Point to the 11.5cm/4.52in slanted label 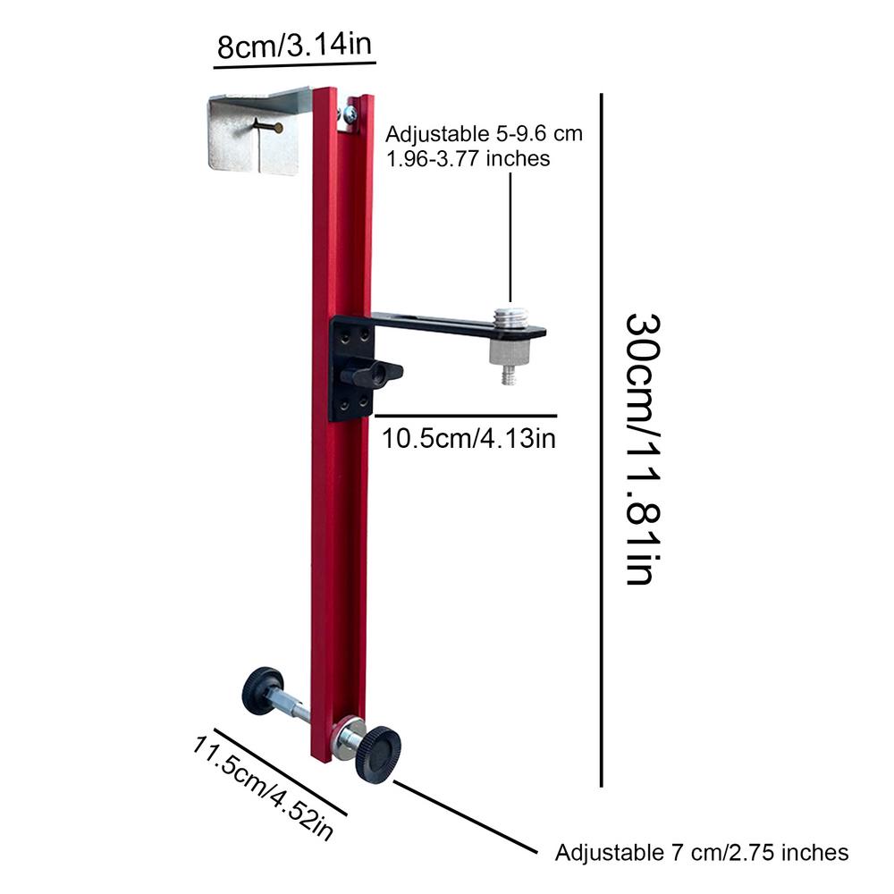[x=264, y=787]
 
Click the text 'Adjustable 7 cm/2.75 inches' [x=701, y=852]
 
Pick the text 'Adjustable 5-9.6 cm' [x=484, y=134]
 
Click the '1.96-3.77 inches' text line [x=468, y=158]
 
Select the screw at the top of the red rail [x=348, y=114]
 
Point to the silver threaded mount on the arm [x=510, y=317]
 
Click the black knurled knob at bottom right [x=378, y=755]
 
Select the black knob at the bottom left [x=261, y=689]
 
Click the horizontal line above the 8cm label [x=295, y=63]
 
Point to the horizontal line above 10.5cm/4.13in [x=465, y=416]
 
